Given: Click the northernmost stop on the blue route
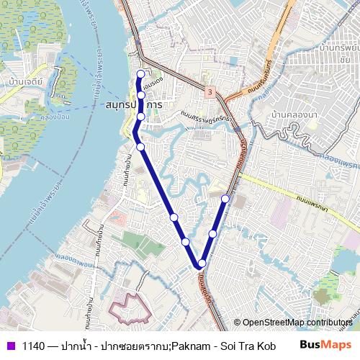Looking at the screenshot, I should [141, 73].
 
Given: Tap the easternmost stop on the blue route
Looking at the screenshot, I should [225, 198].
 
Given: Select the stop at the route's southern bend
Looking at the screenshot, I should [200, 264].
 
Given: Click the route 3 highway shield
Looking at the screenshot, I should [210, 91].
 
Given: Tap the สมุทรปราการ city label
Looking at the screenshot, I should [133, 105].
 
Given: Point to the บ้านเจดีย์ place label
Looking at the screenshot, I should [27, 81].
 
